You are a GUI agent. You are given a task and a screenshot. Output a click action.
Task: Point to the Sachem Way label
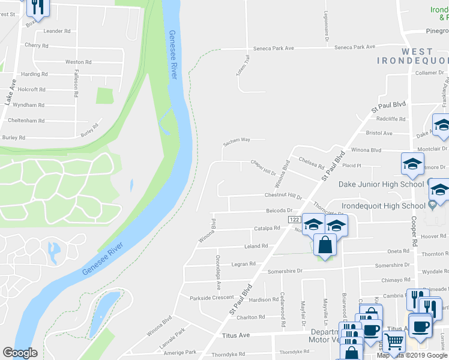point(237,140)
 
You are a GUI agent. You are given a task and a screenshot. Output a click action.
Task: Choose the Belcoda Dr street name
point(279,211)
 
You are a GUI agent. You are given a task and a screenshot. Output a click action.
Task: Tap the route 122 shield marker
point(294,220)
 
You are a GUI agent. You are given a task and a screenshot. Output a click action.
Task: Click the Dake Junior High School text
point(381,184)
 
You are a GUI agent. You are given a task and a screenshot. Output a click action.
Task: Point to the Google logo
point(20,353)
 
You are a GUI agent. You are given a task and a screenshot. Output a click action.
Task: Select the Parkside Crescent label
point(211,298)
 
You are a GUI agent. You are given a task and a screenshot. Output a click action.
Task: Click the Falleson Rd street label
point(76,79)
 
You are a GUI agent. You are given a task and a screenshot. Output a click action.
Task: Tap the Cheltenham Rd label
point(26,121)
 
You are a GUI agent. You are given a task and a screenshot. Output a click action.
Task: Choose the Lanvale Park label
point(172,337)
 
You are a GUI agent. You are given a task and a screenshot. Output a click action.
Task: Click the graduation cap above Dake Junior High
point(412,163)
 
